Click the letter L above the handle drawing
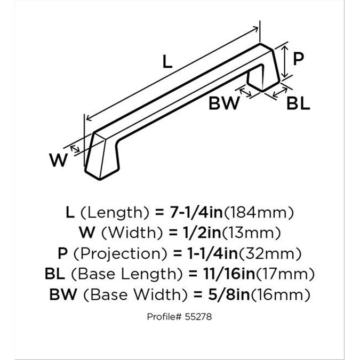167,62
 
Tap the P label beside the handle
298,59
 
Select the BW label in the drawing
224,103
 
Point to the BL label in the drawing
298,103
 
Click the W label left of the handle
59,160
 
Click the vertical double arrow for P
285,61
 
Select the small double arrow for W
75,149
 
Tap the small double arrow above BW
245,92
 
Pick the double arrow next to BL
280,92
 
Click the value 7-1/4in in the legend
196,212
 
